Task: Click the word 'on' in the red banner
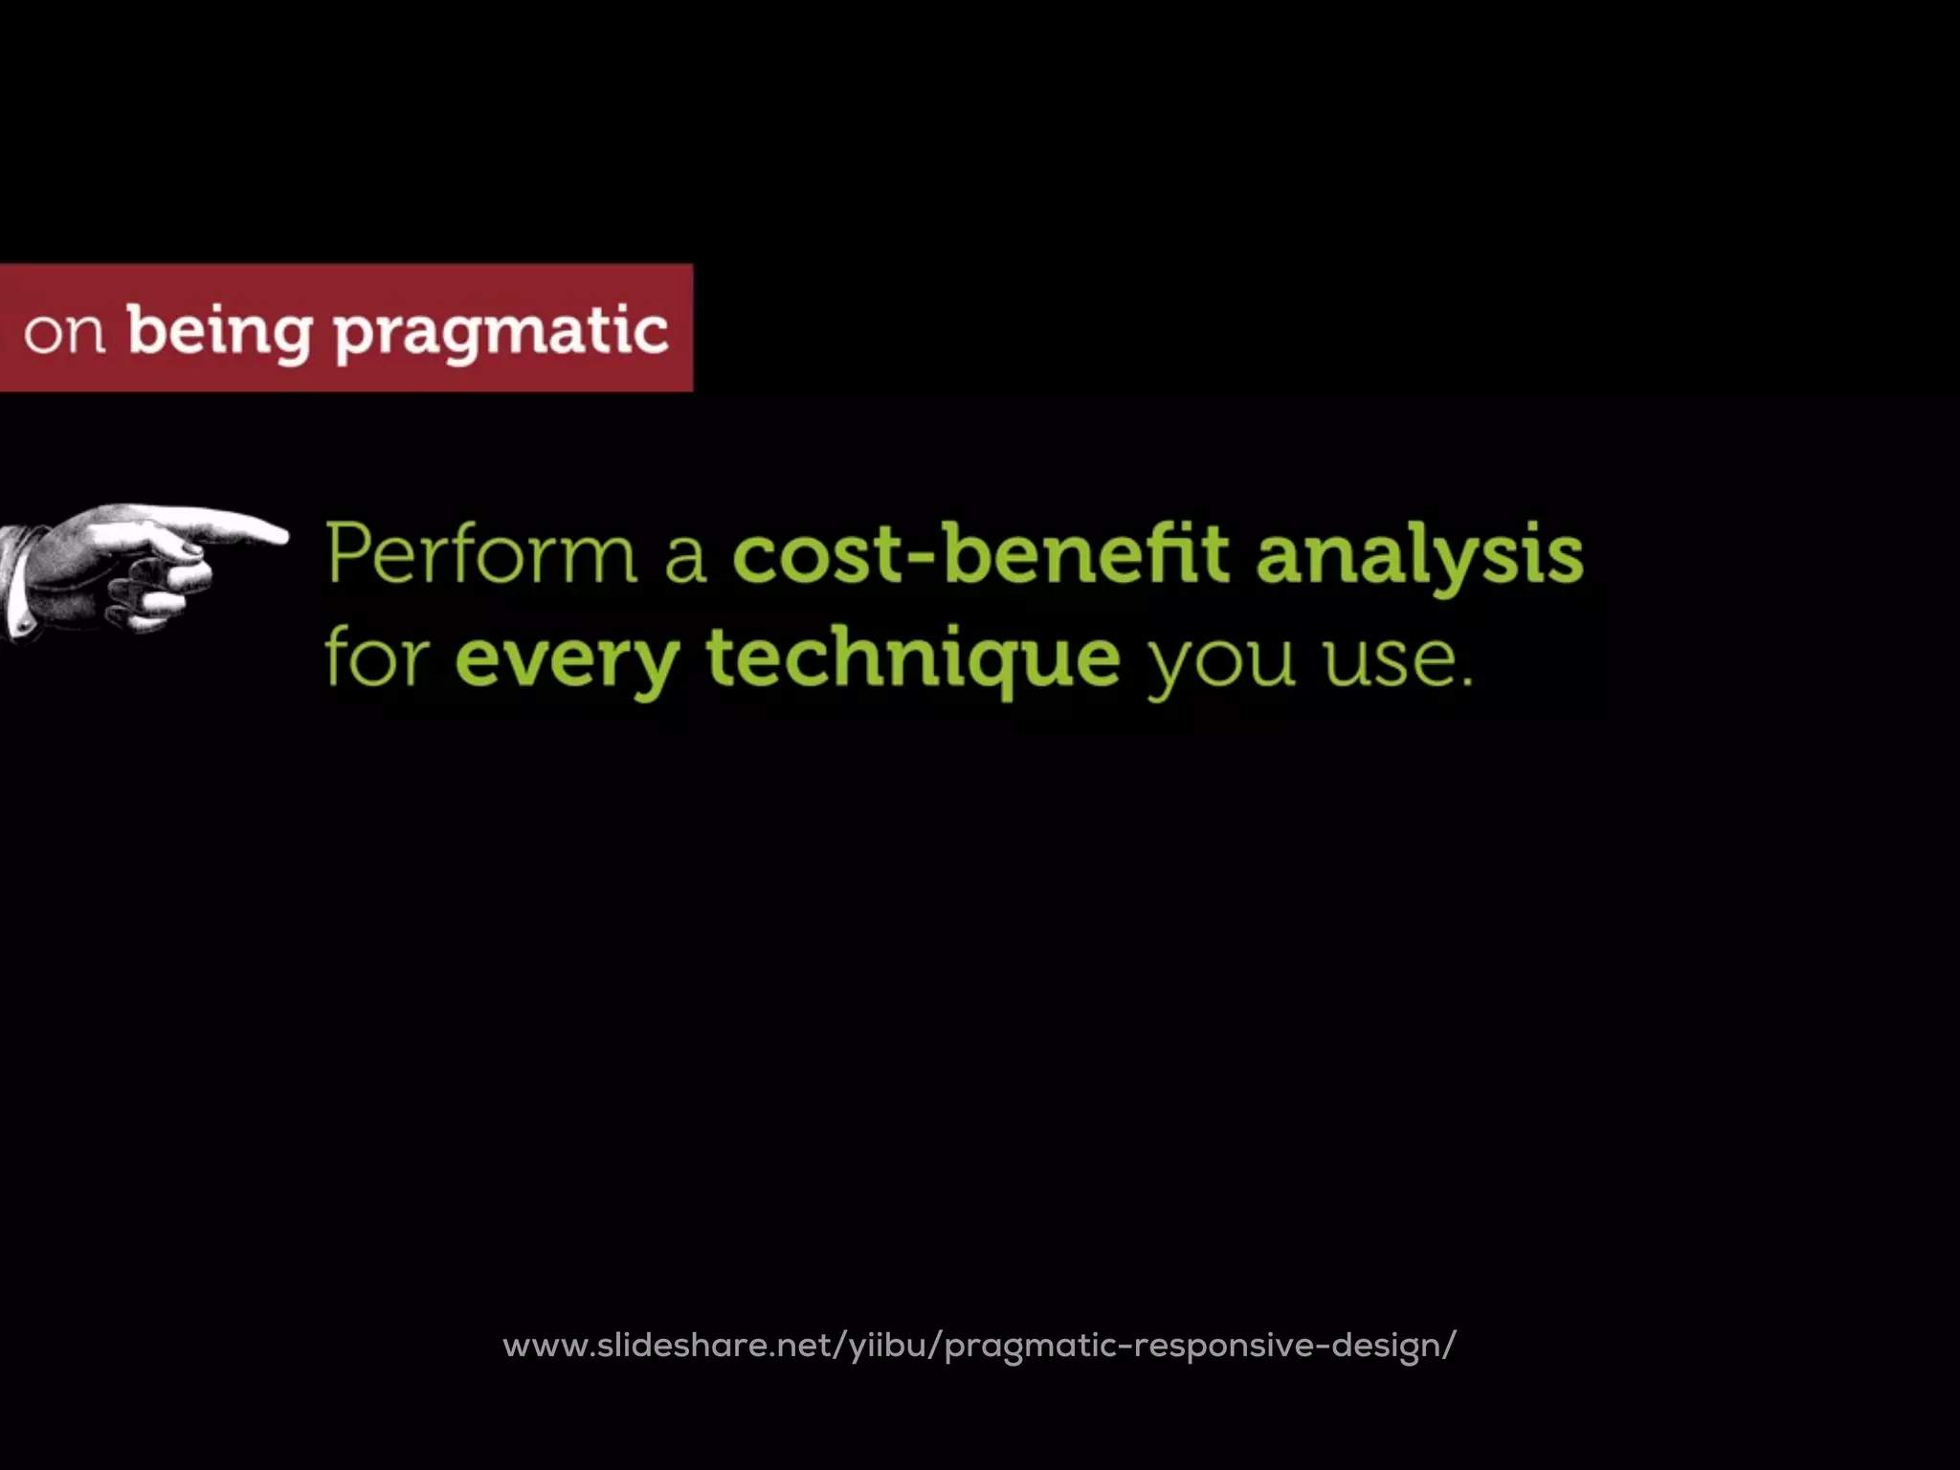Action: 64,334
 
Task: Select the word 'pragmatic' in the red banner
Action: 501,334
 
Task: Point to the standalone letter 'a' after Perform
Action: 685,559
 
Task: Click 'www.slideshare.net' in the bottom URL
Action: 670,1346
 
